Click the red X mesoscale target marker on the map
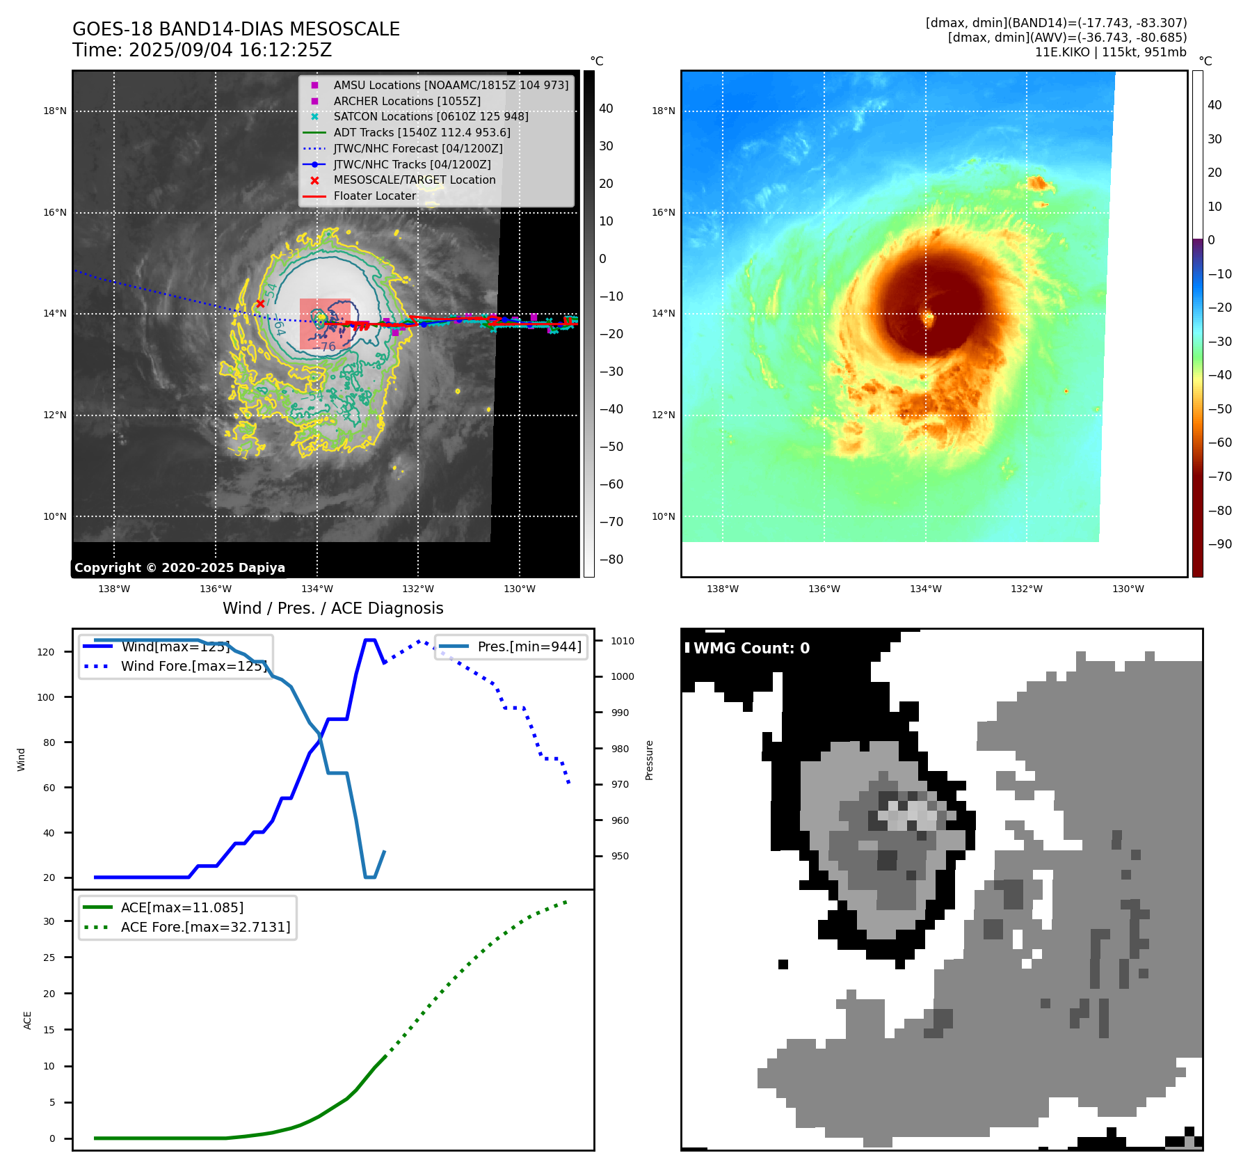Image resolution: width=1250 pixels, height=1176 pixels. point(260,303)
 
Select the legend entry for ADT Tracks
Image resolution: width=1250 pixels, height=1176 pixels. point(422,133)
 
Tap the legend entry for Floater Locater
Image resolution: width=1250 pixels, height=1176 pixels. point(374,196)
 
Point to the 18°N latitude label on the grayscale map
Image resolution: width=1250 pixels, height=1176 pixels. point(55,111)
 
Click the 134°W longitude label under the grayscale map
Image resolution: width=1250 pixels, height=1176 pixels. point(317,589)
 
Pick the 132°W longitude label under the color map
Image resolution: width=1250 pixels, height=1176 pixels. point(1027,589)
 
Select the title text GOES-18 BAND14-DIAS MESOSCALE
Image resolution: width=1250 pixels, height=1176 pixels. point(236,29)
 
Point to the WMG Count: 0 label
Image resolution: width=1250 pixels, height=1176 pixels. point(751,649)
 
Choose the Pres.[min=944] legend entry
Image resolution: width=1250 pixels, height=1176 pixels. point(529,647)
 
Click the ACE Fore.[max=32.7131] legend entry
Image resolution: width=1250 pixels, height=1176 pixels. point(205,928)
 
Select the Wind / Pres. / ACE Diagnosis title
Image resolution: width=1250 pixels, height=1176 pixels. point(332,608)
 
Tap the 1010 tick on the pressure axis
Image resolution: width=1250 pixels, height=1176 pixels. point(623,641)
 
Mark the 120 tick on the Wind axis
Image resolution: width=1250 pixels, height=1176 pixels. point(46,652)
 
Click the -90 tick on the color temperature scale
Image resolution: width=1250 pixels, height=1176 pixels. point(1219,544)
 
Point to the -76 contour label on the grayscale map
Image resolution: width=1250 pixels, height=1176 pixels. point(327,346)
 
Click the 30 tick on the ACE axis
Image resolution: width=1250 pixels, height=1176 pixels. point(49,921)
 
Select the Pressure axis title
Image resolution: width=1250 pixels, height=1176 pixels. point(649,760)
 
